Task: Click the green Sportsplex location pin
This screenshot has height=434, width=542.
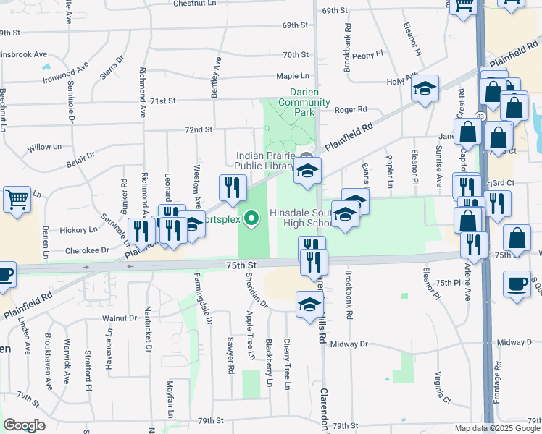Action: pyautogui.click(x=252, y=217)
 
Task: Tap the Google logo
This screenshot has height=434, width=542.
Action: pyautogui.click(x=24, y=425)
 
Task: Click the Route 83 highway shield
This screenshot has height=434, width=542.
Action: pyautogui.click(x=480, y=115)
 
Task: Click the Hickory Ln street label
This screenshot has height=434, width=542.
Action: pyautogui.click(x=78, y=230)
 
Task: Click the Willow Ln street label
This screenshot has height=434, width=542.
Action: pyautogui.click(x=44, y=147)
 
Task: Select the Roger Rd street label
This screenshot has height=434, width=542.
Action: pyautogui.click(x=351, y=110)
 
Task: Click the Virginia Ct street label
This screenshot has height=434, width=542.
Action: pyautogui.click(x=442, y=388)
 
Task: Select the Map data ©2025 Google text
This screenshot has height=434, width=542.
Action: pyautogui.click(x=498, y=428)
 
